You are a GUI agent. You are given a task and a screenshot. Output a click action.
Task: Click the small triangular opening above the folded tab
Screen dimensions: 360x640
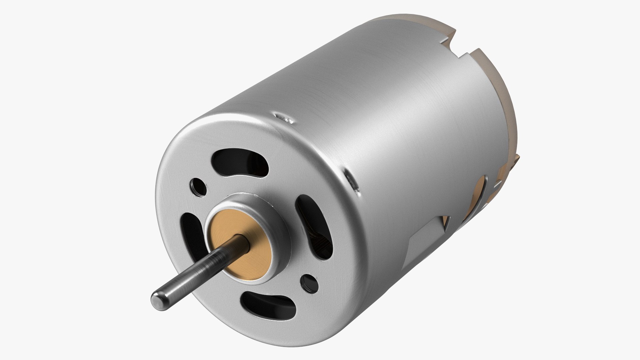(445, 220)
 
